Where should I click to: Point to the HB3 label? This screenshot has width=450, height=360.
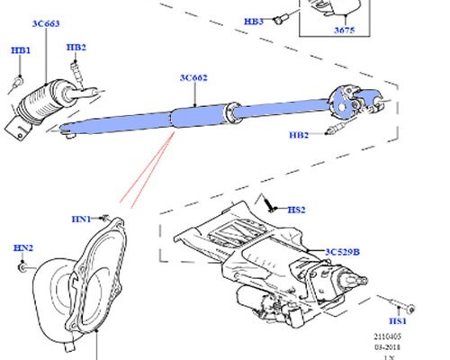point(255,20)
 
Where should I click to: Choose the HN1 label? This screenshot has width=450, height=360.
point(82,219)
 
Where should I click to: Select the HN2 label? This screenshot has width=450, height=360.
point(22,247)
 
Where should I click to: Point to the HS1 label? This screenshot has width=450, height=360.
point(396,321)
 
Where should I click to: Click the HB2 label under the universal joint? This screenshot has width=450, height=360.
point(299,136)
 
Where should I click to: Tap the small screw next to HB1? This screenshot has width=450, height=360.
point(19,83)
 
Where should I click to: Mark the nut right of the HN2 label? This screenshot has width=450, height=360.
point(22,267)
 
